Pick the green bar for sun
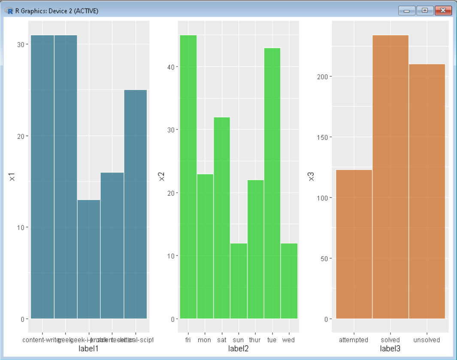[239, 281]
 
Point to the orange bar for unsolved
[427, 191]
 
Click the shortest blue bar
[89, 259]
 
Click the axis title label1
[89, 348]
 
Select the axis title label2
[239, 348]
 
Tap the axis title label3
[390, 348]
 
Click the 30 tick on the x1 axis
[21, 45]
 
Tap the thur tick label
[255, 340]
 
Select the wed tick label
[289, 340]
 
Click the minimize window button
[406, 10]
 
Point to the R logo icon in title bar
[9, 11]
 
